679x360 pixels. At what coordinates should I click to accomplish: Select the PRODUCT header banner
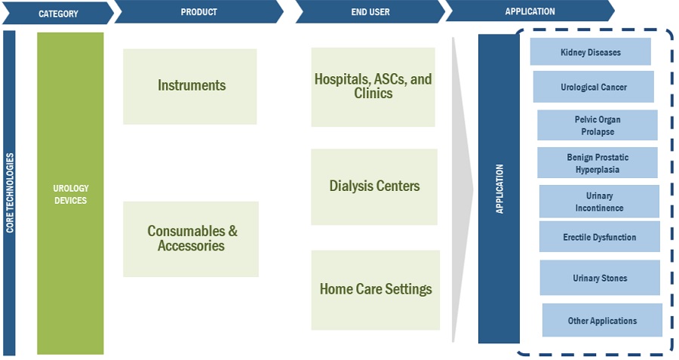pyautogui.click(x=199, y=12)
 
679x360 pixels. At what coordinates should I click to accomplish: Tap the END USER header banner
pyautogui.click(x=370, y=12)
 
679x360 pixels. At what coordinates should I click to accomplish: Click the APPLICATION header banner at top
pyautogui.click(x=530, y=11)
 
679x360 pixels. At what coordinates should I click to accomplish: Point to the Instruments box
pyautogui.click(x=191, y=86)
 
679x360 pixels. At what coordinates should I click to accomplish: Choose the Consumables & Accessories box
pyautogui.click(x=191, y=238)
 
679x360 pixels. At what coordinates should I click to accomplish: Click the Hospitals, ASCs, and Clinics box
pyautogui.click(x=373, y=87)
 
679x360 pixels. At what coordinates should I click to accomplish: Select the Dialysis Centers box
pyautogui.click(x=374, y=186)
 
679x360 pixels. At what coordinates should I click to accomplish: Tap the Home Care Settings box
pyautogui.click(x=376, y=289)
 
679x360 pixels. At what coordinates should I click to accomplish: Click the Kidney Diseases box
pyautogui.click(x=590, y=53)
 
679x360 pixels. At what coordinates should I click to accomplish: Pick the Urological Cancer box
pyautogui.click(x=593, y=87)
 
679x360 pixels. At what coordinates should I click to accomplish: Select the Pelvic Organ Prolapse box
pyautogui.click(x=597, y=125)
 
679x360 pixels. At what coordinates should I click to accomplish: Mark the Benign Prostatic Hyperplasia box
pyautogui.click(x=597, y=163)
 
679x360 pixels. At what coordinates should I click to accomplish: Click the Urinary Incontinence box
pyautogui.click(x=599, y=202)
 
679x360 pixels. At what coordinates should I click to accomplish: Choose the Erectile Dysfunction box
pyautogui.click(x=599, y=237)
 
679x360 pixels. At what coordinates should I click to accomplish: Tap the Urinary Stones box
pyautogui.click(x=600, y=278)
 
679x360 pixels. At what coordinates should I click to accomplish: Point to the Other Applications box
pyautogui.click(x=602, y=321)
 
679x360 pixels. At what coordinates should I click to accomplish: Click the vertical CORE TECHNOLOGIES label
pyautogui.click(x=10, y=192)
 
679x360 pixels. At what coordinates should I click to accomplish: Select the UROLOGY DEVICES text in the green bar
pyautogui.click(x=70, y=194)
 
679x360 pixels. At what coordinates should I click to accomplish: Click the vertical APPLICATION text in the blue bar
pyautogui.click(x=499, y=189)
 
